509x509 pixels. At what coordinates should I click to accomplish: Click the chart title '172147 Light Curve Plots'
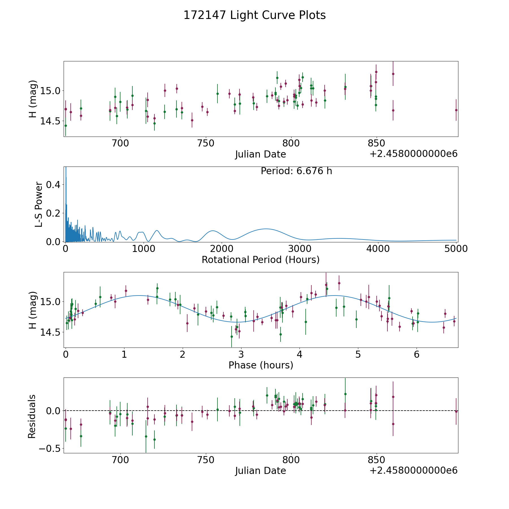[255, 15]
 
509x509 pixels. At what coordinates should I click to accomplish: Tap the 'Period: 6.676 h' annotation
[296, 171]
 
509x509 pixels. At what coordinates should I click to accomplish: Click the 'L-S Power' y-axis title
[39, 204]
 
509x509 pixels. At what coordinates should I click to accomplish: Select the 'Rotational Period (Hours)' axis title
[260, 260]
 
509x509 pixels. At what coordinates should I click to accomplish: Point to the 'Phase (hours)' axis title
[261, 365]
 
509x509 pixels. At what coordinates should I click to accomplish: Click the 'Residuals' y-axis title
[32, 416]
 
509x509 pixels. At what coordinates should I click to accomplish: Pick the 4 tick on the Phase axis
[299, 354]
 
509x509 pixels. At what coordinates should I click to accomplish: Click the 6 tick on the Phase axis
[417, 354]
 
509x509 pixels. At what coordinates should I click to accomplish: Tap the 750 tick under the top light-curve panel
[206, 143]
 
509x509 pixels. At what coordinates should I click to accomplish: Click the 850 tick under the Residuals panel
[376, 460]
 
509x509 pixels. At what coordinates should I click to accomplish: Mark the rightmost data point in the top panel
[456, 110]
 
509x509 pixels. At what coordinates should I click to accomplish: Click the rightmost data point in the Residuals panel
[456, 411]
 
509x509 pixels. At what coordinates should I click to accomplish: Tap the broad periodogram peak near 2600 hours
[266, 229]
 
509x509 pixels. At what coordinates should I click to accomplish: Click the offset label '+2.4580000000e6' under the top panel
[413, 154]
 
